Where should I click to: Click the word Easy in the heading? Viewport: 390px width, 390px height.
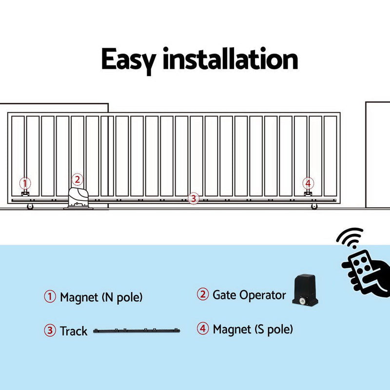click(128, 60)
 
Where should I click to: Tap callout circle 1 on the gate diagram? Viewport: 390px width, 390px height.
click(24, 183)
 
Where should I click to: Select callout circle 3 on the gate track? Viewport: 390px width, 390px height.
click(194, 198)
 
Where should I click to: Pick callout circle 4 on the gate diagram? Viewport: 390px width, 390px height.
click(308, 183)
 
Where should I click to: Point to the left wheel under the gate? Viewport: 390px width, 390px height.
click(30, 207)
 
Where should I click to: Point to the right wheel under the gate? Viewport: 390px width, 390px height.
click(313, 207)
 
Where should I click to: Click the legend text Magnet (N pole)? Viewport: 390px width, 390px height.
click(101, 297)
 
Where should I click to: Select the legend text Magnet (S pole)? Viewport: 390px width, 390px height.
click(253, 329)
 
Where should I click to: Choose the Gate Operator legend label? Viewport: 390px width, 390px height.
click(249, 295)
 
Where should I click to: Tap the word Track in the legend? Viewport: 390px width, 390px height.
click(74, 331)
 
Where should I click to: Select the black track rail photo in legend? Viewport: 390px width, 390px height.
click(136, 331)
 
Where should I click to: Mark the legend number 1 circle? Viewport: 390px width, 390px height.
click(50, 297)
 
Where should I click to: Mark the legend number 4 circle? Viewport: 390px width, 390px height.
click(203, 329)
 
